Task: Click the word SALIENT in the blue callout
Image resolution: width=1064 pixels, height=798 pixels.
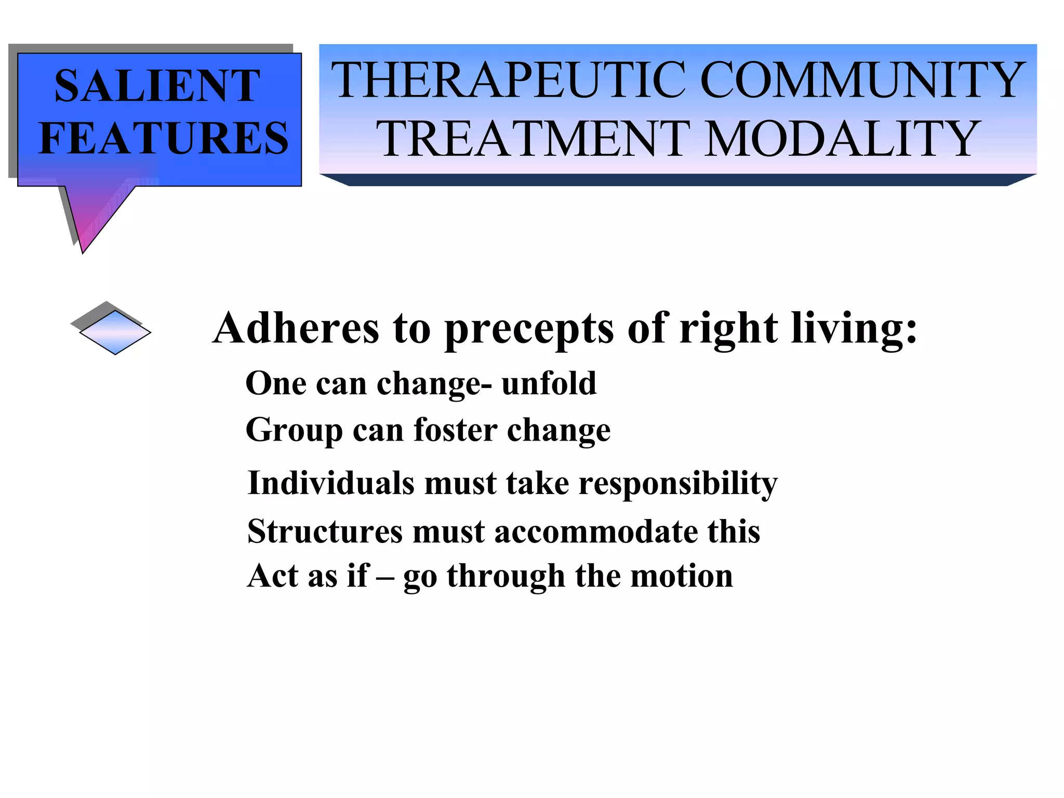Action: [157, 86]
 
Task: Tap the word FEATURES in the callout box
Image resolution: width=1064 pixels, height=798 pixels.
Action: [163, 138]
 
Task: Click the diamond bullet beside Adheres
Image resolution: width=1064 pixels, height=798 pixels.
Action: [115, 332]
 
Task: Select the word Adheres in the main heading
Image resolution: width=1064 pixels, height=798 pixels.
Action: [296, 328]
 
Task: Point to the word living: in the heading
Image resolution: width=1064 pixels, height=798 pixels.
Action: [854, 328]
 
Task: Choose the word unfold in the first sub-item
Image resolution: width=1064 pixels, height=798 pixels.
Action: [549, 384]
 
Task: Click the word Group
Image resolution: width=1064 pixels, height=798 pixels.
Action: [294, 431]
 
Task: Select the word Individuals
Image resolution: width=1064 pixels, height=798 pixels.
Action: [331, 483]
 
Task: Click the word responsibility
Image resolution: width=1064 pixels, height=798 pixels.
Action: [678, 484]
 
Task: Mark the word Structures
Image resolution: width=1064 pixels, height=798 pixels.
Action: [325, 531]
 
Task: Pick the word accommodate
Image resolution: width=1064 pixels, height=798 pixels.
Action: [595, 532]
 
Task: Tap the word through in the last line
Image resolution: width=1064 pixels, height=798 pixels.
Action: [506, 577]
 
